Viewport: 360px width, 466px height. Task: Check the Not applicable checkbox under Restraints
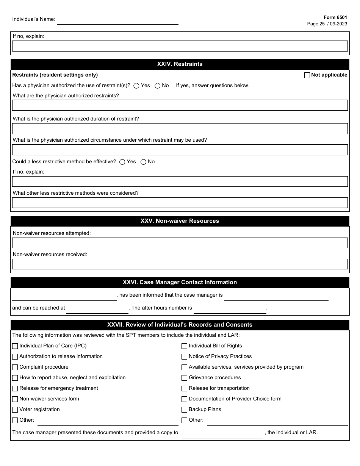[307, 75]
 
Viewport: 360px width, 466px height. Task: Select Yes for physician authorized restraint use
[136, 86]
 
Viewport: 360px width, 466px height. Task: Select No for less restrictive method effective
[143, 162]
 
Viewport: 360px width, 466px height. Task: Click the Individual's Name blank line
[117, 21]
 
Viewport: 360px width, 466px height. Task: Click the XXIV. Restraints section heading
[180, 64]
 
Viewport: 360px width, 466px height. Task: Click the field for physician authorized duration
[180, 128]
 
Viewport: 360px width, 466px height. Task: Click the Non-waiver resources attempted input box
[180, 243]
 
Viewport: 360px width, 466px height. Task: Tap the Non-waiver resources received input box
[180, 264]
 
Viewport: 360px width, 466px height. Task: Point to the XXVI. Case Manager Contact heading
[180, 282]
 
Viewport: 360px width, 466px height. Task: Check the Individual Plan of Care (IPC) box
[15, 346]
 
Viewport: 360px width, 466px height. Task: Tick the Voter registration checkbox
[15, 410]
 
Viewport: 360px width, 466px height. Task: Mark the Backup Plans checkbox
[184, 410]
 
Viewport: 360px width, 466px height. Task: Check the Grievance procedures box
[184, 378]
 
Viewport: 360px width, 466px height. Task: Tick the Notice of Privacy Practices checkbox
[184, 357]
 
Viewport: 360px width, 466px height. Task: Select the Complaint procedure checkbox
[15, 367]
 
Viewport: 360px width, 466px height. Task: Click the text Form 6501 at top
[335, 17]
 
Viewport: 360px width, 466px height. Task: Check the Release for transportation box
[184, 388]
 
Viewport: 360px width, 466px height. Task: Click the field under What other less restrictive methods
[180, 203]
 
